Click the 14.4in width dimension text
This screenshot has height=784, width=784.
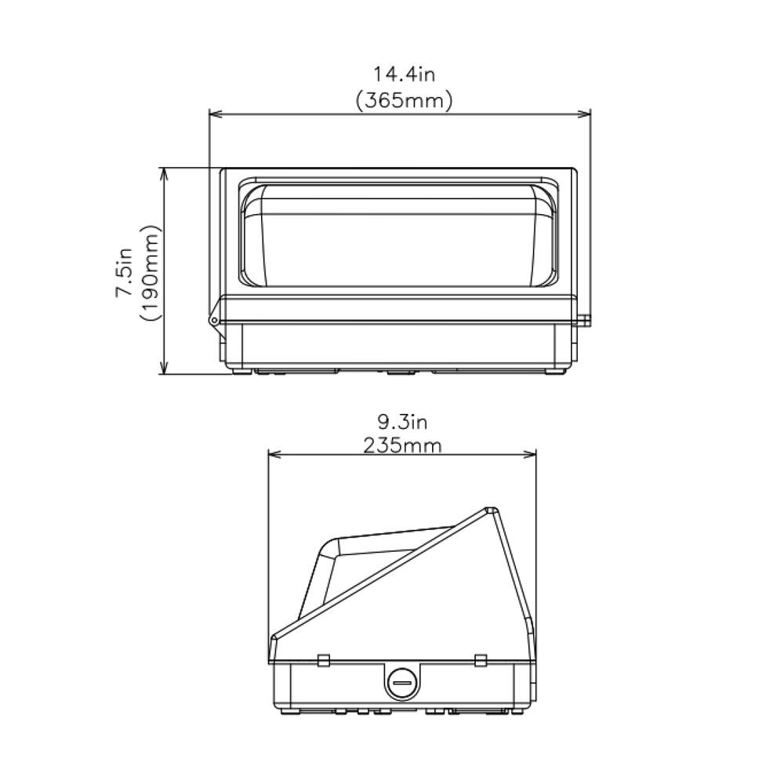point(404,75)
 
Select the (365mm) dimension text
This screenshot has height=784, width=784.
point(404,101)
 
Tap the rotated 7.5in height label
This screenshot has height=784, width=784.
point(125,270)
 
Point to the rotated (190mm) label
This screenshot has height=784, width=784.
point(150,271)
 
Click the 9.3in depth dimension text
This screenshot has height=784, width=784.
point(402,423)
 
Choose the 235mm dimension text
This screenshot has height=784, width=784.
point(402,446)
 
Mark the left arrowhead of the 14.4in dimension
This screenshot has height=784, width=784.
point(214,115)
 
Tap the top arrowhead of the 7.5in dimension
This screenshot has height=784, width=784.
point(164,172)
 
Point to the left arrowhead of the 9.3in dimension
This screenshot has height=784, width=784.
point(274,454)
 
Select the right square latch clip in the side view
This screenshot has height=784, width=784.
point(481,659)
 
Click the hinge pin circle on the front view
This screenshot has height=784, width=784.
point(212,319)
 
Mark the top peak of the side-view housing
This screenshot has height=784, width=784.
point(490,510)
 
